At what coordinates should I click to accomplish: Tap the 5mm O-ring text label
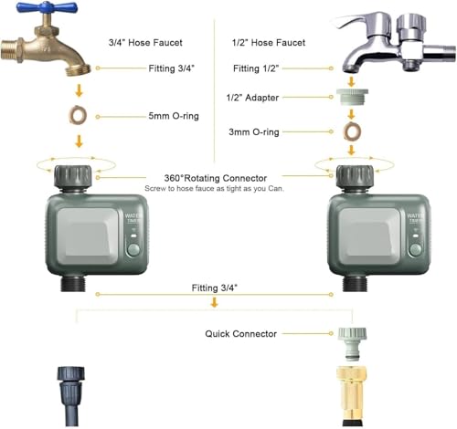(x=174, y=116)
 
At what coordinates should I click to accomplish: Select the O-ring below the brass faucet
(x=78, y=115)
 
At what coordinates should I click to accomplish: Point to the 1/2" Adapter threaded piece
(x=352, y=97)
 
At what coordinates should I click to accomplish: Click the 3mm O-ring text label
(x=254, y=132)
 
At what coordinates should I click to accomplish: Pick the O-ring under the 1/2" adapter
(x=352, y=131)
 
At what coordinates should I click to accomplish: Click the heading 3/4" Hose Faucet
(x=145, y=43)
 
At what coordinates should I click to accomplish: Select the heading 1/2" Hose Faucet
(x=269, y=43)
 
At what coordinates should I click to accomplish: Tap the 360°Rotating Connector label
(x=216, y=178)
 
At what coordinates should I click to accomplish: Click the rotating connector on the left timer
(x=73, y=177)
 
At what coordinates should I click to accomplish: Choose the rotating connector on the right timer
(x=355, y=177)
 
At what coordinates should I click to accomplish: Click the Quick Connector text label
(x=240, y=334)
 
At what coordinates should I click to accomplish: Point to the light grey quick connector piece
(x=352, y=344)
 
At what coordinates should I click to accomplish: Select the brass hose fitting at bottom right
(x=352, y=396)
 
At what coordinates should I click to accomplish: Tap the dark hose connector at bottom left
(x=71, y=396)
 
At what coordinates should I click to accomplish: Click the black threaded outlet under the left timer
(x=72, y=283)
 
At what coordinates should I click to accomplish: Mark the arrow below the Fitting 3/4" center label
(x=215, y=302)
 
